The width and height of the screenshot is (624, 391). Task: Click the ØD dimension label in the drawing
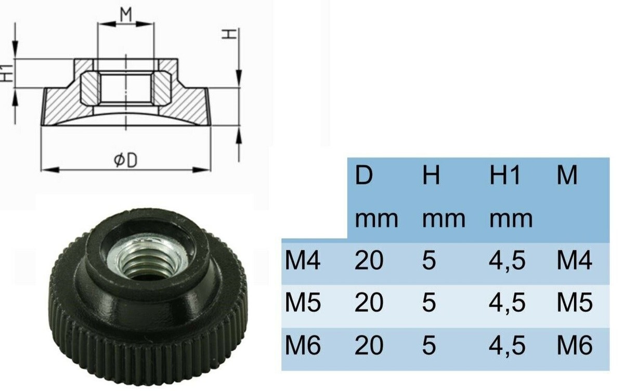125,161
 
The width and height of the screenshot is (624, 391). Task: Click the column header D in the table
364,176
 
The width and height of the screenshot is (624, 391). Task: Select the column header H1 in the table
504,176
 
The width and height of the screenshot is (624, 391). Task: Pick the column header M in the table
567,176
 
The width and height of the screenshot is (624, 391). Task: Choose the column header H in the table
431,176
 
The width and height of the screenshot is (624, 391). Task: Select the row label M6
302,345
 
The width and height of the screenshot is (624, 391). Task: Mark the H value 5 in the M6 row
428,345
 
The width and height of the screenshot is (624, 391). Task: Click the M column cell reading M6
574,345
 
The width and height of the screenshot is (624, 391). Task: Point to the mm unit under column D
376,219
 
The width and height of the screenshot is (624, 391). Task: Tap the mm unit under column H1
511,219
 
